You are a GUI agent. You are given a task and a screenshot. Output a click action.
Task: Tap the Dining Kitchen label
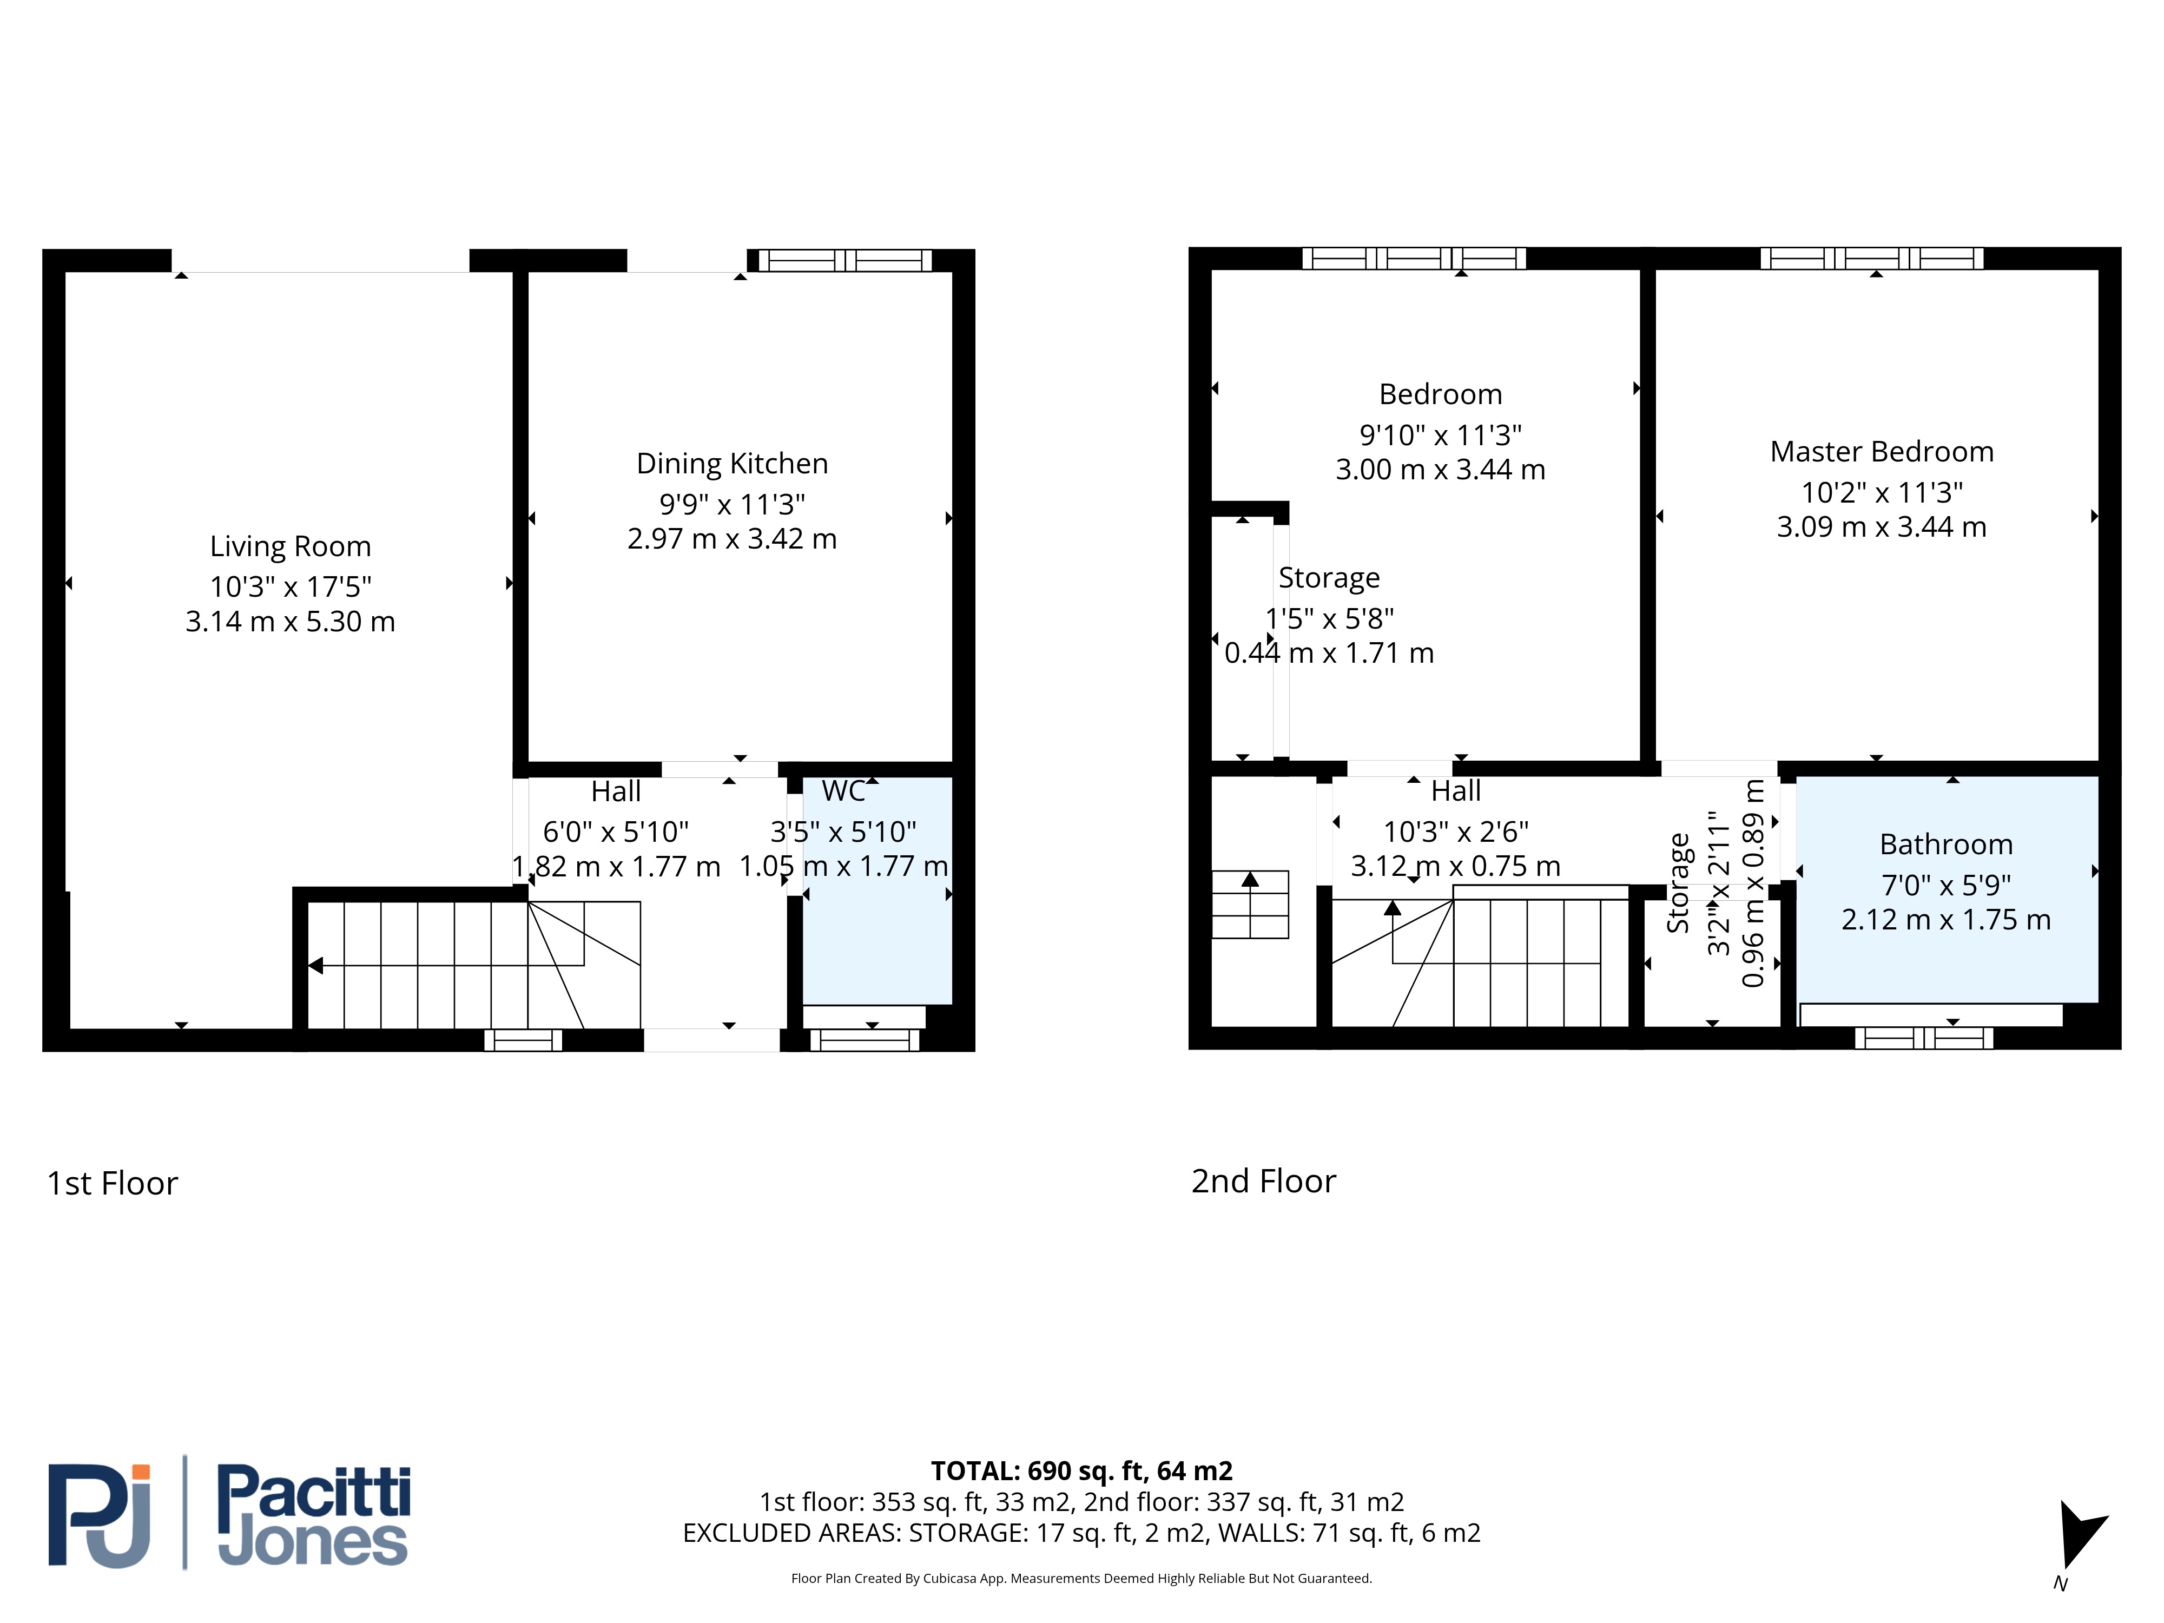732,464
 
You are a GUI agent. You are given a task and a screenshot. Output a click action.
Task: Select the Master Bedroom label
1881,451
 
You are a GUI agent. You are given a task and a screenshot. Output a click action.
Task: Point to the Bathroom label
1946,845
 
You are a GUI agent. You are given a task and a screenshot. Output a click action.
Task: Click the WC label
843,790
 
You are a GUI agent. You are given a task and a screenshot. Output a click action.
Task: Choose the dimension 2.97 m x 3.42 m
732,539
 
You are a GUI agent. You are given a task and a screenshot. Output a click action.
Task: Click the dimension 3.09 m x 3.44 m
1881,527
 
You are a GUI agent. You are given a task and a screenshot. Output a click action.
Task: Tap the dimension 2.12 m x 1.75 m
1946,920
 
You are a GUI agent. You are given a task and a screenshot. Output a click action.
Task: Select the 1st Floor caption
113,1184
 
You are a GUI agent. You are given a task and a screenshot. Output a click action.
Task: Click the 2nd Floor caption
1263,1182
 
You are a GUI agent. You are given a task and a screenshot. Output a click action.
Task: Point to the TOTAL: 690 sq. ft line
1081,1472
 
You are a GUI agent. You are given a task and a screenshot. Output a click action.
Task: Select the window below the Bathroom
1923,1038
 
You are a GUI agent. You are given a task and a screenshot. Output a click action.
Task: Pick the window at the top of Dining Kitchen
845,260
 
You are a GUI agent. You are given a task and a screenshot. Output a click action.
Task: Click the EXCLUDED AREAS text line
1081,1533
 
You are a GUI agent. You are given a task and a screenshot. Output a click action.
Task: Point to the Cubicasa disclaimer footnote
1081,1578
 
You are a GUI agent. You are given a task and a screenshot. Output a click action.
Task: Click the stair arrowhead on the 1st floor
315,966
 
